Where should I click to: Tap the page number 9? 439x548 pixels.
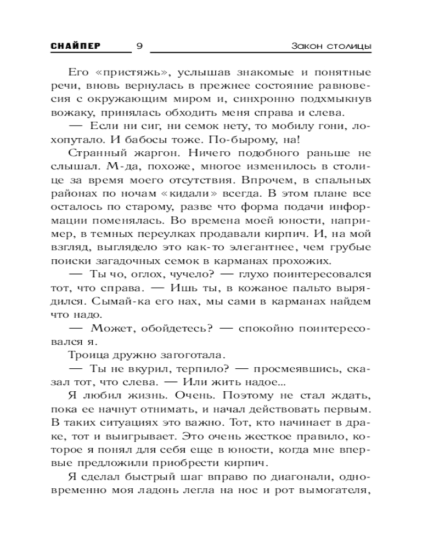pyautogui.click(x=139, y=47)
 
